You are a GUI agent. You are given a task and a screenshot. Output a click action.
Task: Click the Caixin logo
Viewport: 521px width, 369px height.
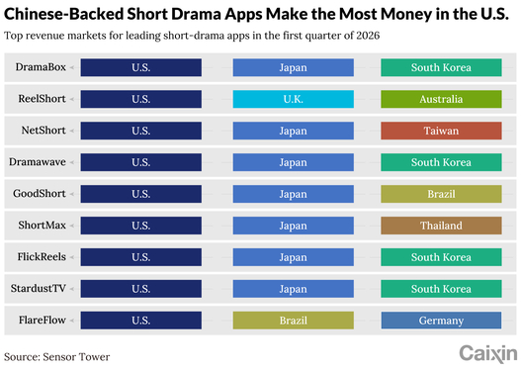(x=488, y=354)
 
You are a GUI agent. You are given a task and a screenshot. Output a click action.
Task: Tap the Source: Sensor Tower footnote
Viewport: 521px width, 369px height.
(x=56, y=357)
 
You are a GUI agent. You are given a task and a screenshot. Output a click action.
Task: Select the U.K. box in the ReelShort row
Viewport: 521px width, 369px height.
(x=294, y=99)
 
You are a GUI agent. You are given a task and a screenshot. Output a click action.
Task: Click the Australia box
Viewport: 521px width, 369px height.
(x=441, y=99)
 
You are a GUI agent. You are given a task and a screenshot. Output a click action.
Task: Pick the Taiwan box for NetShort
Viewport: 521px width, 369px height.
(x=441, y=131)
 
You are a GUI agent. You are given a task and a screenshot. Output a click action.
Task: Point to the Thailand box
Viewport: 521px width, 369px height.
(x=441, y=226)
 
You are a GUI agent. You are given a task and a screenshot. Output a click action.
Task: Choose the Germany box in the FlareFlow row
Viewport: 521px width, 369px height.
(x=441, y=321)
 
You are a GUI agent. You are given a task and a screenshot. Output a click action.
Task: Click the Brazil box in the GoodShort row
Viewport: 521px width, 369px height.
(x=441, y=194)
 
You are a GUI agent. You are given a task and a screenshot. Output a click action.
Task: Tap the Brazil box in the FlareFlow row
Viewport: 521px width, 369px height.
(x=294, y=321)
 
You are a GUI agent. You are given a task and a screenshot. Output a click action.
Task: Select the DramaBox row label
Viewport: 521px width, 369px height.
(x=41, y=67)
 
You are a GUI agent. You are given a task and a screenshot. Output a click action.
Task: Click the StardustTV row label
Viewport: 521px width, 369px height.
(x=39, y=288)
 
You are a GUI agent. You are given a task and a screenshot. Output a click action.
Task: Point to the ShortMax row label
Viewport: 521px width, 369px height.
(x=43, y=225)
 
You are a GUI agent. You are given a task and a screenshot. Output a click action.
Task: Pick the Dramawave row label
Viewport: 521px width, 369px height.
(x=38, y=162)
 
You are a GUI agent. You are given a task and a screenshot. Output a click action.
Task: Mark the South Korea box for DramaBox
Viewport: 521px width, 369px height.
(x=441, y=67)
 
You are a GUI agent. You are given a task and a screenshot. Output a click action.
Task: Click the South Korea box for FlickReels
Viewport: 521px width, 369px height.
(x=441, y=257)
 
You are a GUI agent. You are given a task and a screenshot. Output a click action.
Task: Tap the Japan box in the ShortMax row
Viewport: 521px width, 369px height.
(x=294, y=226)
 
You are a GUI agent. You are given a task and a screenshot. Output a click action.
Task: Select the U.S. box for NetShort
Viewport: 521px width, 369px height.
(x=141, y=131)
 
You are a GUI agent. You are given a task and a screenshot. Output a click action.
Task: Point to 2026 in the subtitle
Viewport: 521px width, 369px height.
(x=368, y=36)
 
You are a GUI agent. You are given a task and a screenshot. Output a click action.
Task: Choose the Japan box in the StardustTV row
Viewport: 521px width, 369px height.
(x=294, y=289)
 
